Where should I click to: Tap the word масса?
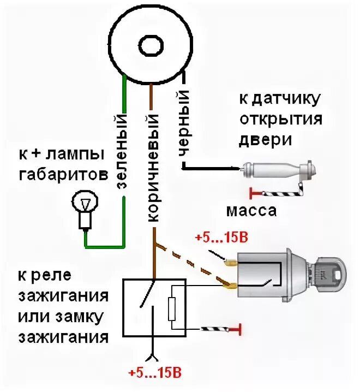(x=251, y=211)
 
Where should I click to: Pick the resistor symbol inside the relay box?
(x=172, y=308)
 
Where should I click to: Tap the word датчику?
(x=287, y=100)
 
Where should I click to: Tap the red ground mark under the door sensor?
(x=252, y=193)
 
